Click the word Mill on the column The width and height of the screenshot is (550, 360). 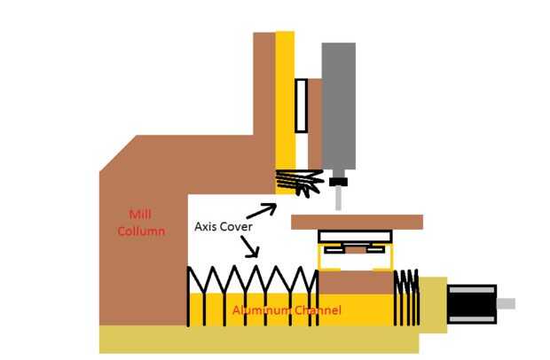tap(140, 214)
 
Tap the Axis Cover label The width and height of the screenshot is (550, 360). tap(224, 227)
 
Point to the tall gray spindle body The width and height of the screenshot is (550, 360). tap(338, 106)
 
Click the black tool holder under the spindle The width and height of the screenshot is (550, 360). tap(338, 183)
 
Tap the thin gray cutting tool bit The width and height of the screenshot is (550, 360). tap(338, 199)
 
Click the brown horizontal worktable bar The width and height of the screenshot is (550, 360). tap(356, 222)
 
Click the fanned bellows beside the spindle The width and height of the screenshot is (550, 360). tap(297, 183)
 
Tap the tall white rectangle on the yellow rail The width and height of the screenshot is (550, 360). tap(302, 102)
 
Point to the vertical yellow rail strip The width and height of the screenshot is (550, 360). tap(285, 98)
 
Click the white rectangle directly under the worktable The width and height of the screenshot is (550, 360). tap(355, 237)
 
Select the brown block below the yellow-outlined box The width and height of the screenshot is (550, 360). tap(355, 283)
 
